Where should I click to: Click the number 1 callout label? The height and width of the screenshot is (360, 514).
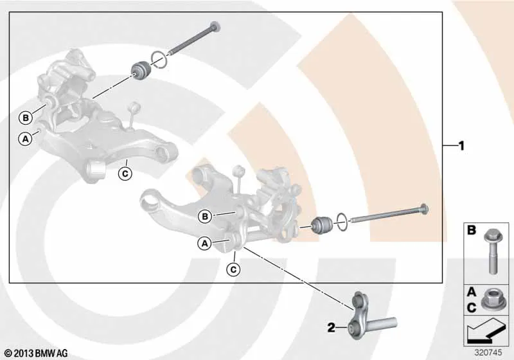(x=461, y=146)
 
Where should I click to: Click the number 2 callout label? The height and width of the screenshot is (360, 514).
(x=332, y=328)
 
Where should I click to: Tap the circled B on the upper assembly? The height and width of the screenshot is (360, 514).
(x=26, y=118)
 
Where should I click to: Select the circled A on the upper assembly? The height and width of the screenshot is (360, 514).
(x=25, y=139)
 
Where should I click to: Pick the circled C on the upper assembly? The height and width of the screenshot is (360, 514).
(x=125, y=174)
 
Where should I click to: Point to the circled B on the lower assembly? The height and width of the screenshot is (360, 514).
(x=205, y=217)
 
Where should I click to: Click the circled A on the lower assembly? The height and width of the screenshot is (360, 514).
(x=204, y=244)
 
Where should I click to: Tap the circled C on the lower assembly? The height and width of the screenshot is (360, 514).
(x=233, y=269)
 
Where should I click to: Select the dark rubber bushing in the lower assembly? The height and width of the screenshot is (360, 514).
(x=322, y=225)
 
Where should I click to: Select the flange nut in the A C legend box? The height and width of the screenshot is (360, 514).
(x=490, y=301)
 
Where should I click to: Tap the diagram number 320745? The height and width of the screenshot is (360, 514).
(x=488, y=352)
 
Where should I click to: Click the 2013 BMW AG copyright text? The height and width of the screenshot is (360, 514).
(x=37, y=354)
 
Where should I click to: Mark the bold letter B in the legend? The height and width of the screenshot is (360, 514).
(x=472, y=231)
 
